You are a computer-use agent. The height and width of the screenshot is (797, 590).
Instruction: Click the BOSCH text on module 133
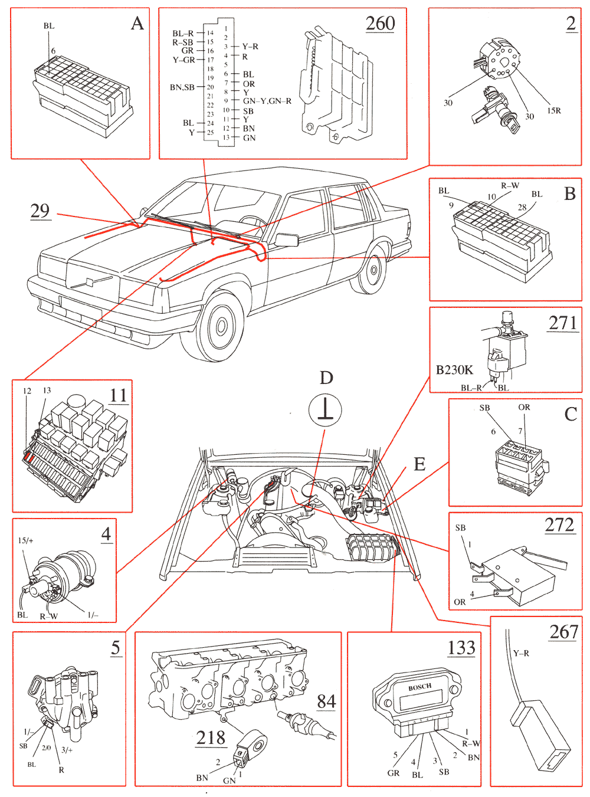tap(419, 687)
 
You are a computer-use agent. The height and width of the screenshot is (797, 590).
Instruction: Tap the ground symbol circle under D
tap(325, 410)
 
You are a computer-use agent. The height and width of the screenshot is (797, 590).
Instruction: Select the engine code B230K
tap(454, 370)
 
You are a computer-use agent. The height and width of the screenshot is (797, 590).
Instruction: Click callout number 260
tap(380, 24)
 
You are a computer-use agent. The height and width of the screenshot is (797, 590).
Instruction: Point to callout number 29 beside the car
tap(40, 211)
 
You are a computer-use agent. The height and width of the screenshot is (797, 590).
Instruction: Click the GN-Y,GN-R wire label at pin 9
tap(267, 101)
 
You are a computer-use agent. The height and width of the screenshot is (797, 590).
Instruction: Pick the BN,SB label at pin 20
tap(182, 87)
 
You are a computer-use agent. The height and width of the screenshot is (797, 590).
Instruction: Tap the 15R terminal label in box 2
tap(553, 110)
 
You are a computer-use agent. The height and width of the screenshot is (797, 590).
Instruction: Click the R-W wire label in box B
tap(510, 185)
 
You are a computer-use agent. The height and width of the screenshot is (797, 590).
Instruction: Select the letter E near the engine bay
tap(419, 464)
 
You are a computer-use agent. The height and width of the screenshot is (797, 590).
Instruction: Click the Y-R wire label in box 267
tap(521, 653)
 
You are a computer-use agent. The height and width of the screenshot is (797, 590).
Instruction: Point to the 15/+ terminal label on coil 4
tap(25, 540)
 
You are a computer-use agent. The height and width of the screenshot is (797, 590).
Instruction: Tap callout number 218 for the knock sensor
tap(211, 737)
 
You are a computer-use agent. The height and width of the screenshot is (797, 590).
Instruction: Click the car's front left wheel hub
tap(221, 326)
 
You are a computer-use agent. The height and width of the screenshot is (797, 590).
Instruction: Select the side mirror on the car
tap(287, 240)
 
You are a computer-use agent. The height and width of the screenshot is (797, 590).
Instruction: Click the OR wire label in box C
tap(524, 407)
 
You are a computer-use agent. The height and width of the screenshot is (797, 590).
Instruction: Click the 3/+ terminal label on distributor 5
tap(67, 750)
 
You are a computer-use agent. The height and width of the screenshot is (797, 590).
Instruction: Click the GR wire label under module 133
tap(393, 773)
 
